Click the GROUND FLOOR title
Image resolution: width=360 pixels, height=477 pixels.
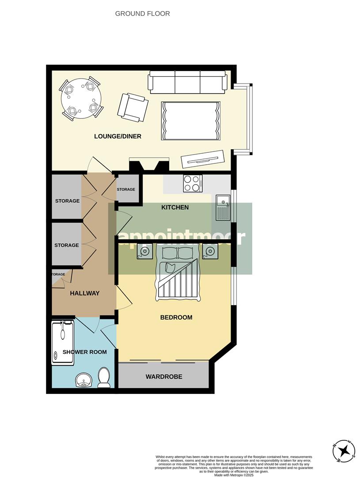142,14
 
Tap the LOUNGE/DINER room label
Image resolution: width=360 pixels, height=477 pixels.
117,136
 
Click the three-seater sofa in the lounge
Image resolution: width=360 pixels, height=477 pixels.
188,82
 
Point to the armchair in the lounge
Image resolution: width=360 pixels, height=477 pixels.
133,107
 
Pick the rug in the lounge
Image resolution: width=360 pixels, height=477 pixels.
191,121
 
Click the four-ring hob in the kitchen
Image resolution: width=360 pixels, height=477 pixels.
193,184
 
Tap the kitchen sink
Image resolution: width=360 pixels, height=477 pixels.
223,208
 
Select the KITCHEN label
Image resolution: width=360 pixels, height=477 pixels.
175,207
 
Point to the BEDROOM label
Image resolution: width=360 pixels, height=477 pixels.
176,317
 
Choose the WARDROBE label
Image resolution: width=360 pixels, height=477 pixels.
164,377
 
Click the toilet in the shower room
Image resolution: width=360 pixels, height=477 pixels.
104,378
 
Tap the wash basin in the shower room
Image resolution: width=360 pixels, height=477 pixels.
83,380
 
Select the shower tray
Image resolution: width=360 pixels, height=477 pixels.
63,343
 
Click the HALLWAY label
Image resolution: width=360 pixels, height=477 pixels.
84,293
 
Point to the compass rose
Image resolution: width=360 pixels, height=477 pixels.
344,451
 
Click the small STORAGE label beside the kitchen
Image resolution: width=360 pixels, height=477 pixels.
126,189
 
